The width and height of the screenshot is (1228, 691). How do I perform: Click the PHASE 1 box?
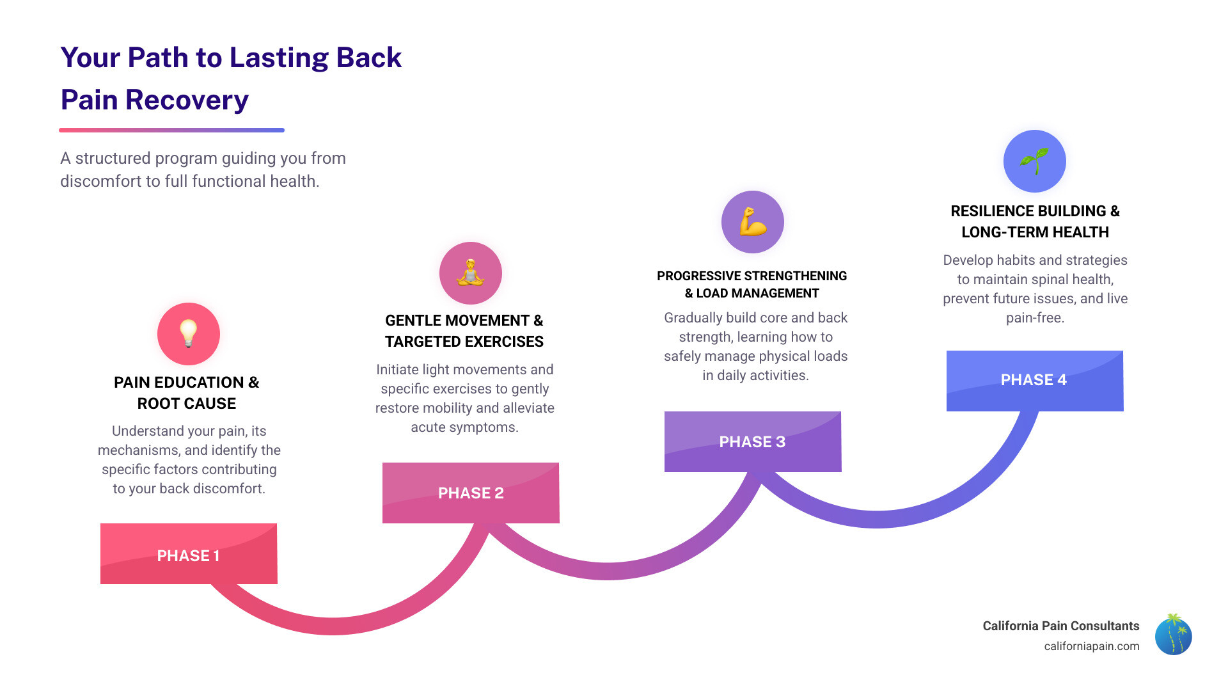(x=189, y=554)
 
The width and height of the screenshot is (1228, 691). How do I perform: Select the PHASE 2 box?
(x=471, y=493)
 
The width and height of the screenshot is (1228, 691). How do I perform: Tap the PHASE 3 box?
(x=752, y=441)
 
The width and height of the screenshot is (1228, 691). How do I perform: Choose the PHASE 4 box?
(x=1034, y=380)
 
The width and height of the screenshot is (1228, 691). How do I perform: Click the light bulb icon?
(x=189, y=333)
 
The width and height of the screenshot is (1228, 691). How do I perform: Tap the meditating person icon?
(x=471, y=273)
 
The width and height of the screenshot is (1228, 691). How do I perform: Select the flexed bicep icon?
(x=753, y=222)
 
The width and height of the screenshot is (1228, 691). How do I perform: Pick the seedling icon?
(x=1034, y=161)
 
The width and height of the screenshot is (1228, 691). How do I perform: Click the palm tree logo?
(x=1173, y=635)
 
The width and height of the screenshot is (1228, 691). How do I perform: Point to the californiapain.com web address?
(x=1091, y=646)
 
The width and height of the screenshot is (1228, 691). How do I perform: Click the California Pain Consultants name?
(x=1060, y=626)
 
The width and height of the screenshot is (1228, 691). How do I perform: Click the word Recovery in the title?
(x=187, y=100)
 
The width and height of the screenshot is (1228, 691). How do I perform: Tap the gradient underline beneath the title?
(x=171, y=130)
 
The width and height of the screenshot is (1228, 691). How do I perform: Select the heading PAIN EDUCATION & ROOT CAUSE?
(x=187, y=392)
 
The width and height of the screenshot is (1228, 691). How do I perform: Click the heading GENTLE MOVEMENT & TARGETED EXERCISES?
(x=464, y=331)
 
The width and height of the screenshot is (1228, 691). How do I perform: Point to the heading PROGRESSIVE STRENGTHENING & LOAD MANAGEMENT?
(x=752, y=284)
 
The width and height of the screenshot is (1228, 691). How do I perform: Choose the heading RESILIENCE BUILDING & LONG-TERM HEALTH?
(x=1035, y=221)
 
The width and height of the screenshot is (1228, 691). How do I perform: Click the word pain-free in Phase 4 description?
(x=1035, y=318)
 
